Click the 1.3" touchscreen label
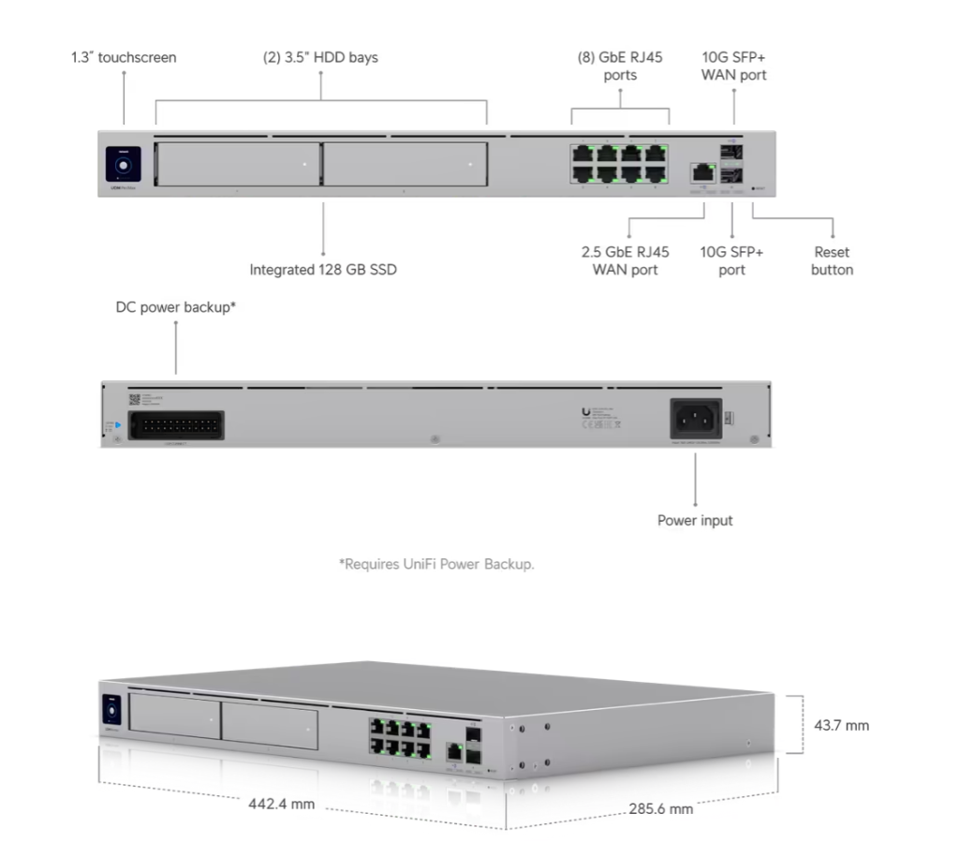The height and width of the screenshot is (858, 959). pos(124,57)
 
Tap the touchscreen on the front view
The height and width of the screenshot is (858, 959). pos(123,163)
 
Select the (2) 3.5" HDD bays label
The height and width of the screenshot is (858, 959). pos(320,57)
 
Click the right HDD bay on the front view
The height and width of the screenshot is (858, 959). pos(405,164)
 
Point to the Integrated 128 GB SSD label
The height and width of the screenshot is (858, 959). pos(322,270)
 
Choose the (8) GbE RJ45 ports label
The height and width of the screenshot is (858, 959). pos(620,66)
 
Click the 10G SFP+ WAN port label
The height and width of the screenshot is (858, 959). pos(733,66)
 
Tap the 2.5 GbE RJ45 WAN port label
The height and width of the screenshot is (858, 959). pos(626,260)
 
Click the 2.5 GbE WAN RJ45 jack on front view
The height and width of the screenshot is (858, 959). pos(701,171)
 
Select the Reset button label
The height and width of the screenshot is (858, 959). pos(832,260)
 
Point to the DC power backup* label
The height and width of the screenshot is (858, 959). pos(175,306)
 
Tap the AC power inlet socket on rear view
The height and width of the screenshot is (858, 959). pos(696,419)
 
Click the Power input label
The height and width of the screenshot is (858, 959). pos(695,520)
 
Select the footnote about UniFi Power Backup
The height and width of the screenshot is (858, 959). pos(435,564)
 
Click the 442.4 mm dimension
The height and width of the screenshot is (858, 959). pos(281,804)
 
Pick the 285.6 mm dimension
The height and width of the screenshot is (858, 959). pos(661,808)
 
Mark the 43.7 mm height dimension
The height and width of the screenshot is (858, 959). pos(839,724)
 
